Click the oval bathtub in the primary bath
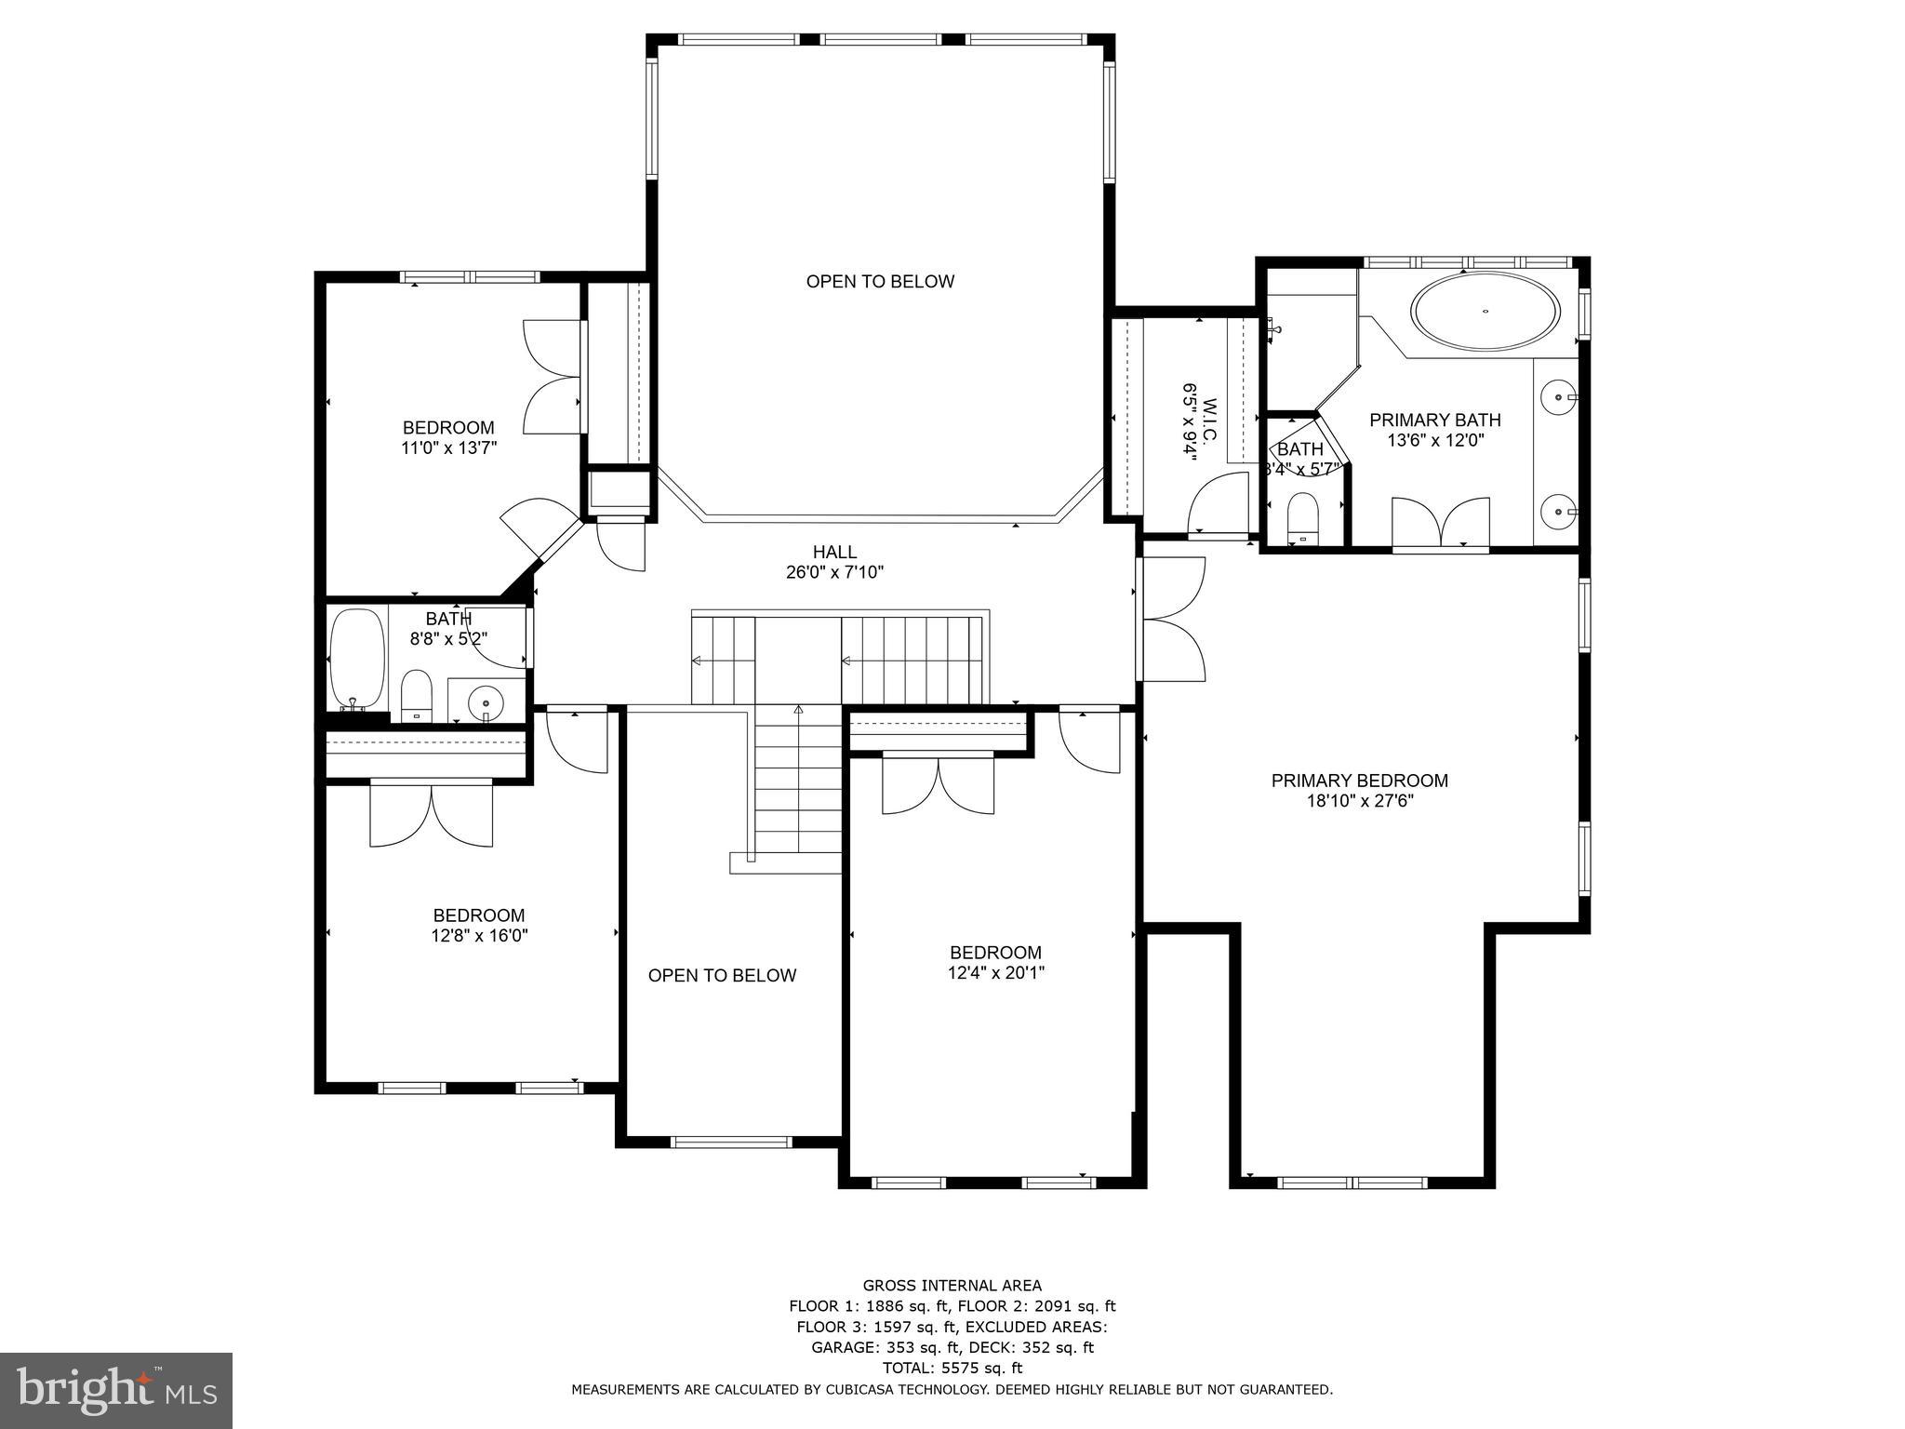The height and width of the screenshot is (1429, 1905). [x=1485, y=312]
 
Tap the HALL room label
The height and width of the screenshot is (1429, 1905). [x=834, y=553]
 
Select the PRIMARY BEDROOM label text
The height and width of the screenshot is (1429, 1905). [x=1359, y=781]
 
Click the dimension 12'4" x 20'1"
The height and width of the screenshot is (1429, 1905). [x=995, y=973]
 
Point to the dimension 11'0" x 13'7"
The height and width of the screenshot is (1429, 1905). [x=448, y=447]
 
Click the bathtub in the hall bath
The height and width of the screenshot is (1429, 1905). [x=357, y=659]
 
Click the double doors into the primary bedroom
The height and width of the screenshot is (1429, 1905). [x=1172, y=618]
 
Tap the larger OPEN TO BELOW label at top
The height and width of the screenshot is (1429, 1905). [x=880, y=281]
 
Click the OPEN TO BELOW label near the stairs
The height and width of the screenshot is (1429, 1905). [x=722, y=975]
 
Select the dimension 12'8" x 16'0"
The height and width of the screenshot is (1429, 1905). [x=479, y=936]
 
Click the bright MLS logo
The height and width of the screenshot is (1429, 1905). [x=116, y=1389]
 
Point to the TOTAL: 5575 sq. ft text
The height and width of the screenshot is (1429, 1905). [x=952, y=1368]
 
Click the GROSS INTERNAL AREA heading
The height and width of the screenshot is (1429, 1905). [x=952, y=1286]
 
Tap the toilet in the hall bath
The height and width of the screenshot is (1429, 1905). [x=417, y=693]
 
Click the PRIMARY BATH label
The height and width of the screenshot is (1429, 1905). [x=1434, y=420]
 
